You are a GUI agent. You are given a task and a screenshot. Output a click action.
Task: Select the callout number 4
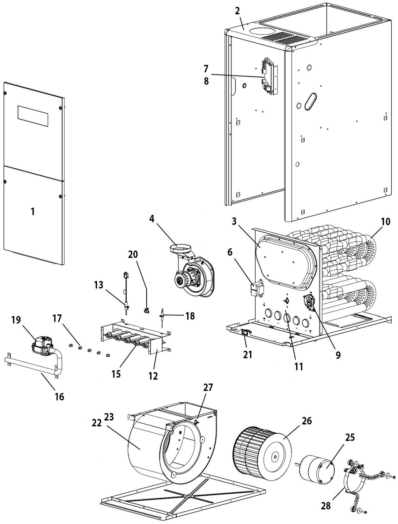pyautogui.click(x=152, y=219)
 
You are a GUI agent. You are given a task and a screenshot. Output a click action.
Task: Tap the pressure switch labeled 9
pyautogui.click(x=308, y=300)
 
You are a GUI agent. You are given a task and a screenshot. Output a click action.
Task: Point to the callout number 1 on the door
pyautogui.click(x=32, y=211)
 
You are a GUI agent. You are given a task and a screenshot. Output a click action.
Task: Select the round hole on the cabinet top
pyautogui.click(x=260, y=31)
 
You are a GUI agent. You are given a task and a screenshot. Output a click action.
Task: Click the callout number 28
pyautogui.click(x=326, y=505)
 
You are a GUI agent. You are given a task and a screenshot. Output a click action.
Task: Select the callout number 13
pyautogui.click(x=99, y=285)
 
